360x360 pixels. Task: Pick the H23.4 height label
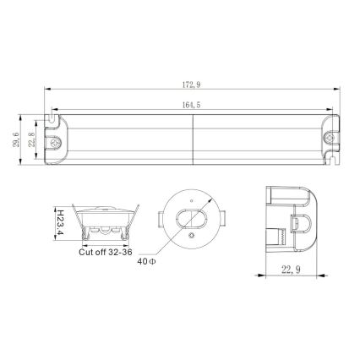click(x=60, y=219)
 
